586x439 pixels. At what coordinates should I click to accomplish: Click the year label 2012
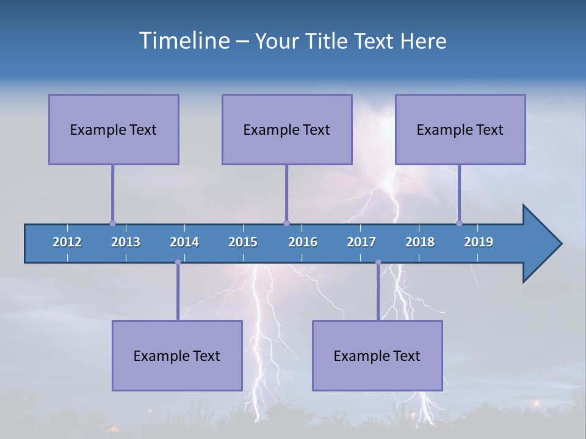(x=67, y=242)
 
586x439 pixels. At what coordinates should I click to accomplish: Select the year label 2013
(x=126, y=242)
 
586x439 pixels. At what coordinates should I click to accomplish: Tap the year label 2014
(x=184, y=242)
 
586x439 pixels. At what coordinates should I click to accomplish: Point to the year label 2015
(x=243, y=242)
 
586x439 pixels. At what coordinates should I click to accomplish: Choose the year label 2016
(x=303, y=242)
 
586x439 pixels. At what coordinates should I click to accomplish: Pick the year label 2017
(x=361, y=242)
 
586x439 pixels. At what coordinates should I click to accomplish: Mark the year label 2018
(x=420, y=242)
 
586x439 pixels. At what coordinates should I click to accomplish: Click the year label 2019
(x=479, y=242)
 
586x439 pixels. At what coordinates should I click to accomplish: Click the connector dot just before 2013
(x=112, y=223)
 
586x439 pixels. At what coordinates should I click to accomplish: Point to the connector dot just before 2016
(x=286, y=223)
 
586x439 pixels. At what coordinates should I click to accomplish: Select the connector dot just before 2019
(x=459, y=223)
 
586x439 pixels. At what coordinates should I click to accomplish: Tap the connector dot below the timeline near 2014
(x=178, y=262)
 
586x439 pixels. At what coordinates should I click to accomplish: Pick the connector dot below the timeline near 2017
(x=378, y=262)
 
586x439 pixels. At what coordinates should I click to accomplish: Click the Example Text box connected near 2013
(x=114, y=129)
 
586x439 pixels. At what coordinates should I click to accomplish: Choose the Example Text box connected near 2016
(x=287, y=129)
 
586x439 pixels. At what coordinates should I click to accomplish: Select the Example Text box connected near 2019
(x=460, y=129)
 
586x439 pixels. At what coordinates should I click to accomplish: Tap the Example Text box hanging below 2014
(x=177, y=355)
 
